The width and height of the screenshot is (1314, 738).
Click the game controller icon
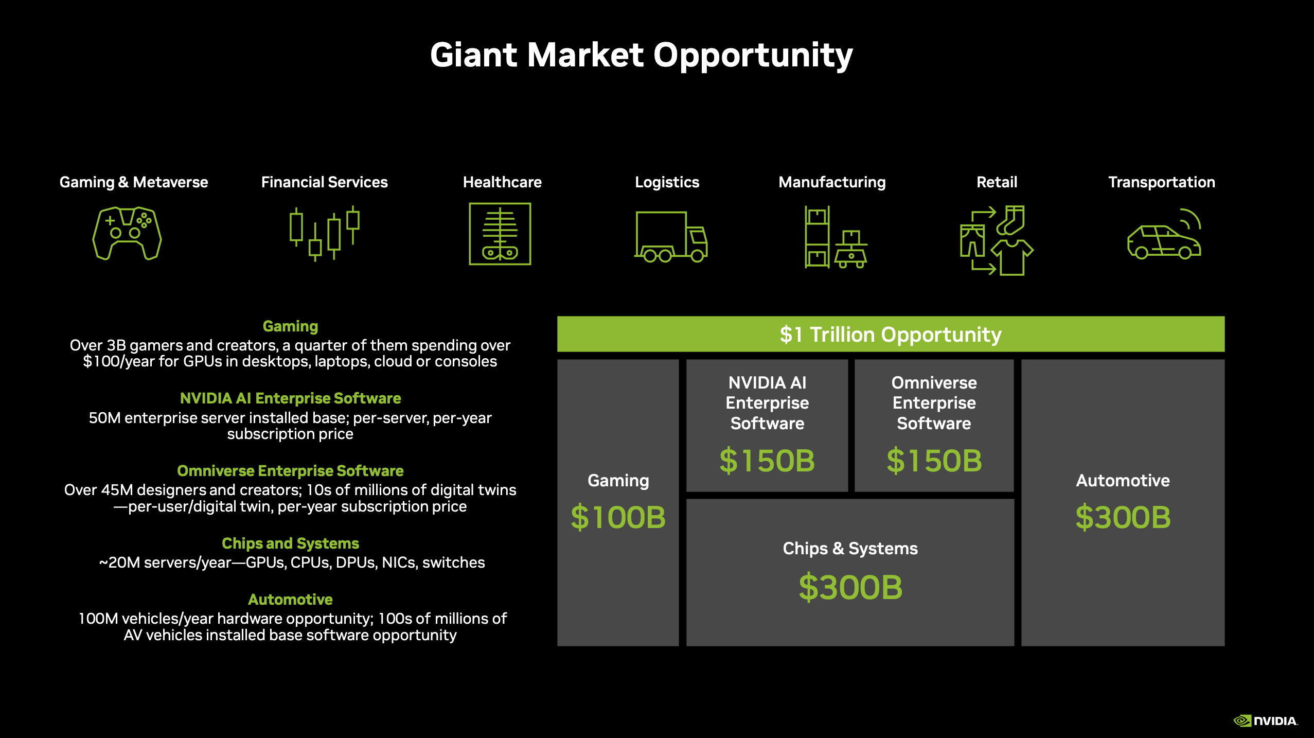[x=127, y=234]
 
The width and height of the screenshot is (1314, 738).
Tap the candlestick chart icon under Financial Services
[x=324, y=234]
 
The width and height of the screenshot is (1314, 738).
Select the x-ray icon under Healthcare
[x=500, y=234]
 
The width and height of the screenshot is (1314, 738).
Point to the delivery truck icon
[x=670, y=237]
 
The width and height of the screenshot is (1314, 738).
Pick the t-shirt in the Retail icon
[x=1012, y=257]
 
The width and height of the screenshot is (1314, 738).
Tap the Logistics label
[x=667, y=182]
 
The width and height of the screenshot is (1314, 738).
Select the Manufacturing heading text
[x=832, y=182]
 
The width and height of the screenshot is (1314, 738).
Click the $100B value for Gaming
[x=618, y=517]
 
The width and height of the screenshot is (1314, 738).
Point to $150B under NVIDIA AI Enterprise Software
[x=767, y=460]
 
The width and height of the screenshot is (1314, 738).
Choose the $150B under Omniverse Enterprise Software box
[x=934, y=460]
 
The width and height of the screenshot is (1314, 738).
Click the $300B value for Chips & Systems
[x=850, y=587]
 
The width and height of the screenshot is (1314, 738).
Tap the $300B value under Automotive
[x=1123, y=517]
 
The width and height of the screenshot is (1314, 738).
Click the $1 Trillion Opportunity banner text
[x=891, y=335]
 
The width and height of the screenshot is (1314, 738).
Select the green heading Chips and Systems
[x=290, y=543]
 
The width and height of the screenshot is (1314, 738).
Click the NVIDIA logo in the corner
[x=1265, y=721]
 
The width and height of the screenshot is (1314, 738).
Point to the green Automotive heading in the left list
[x=290, y=600]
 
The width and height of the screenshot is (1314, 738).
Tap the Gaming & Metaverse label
[x=134, y=182]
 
